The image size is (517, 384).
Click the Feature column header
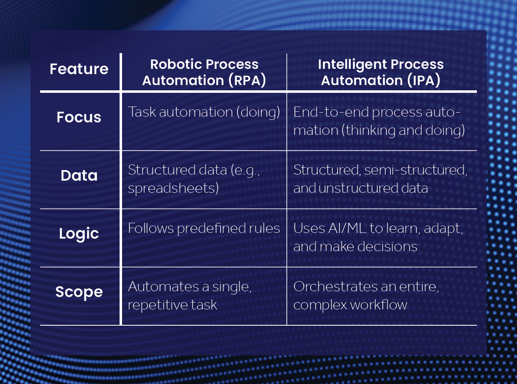point(79,69)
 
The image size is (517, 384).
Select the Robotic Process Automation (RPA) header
point(204,73)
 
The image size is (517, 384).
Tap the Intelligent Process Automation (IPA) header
point(380,73)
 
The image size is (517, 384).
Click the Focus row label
point(79,117)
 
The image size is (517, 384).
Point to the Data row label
point(79,175)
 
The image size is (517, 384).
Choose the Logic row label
point(79,234)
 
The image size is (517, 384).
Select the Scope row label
point(79,292)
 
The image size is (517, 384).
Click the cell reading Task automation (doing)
point(204,112)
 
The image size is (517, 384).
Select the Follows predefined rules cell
point(204,228)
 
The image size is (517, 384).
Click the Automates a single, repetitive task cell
point(190,296)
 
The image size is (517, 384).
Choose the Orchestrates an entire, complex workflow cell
point(366,296)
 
